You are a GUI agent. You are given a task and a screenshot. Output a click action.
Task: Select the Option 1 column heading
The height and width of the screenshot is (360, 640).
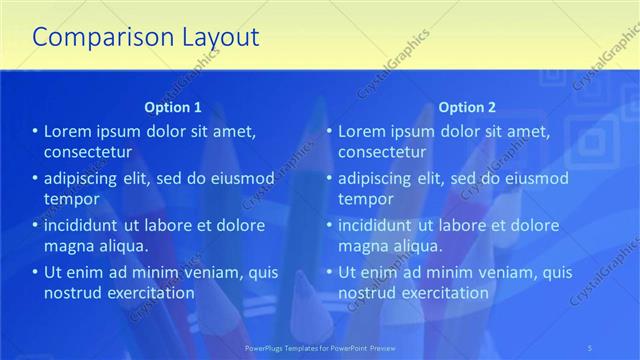(x=173, y=106)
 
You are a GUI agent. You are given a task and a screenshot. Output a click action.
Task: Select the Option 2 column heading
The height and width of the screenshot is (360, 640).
(x=467, y=106)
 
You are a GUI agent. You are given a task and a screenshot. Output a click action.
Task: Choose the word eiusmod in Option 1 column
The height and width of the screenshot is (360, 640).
(x=243, y=178)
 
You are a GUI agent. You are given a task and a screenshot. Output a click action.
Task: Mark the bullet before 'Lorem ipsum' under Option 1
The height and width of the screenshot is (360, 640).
(x=35, y=131)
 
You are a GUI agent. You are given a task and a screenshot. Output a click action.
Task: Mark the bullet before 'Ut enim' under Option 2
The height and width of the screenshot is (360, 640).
(x=329, y=272)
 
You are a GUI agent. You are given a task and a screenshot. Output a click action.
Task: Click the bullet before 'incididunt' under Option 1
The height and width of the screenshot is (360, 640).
(x=35, y=225)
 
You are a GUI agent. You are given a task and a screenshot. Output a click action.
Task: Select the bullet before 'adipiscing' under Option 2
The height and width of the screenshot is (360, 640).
(x=329, y=178)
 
